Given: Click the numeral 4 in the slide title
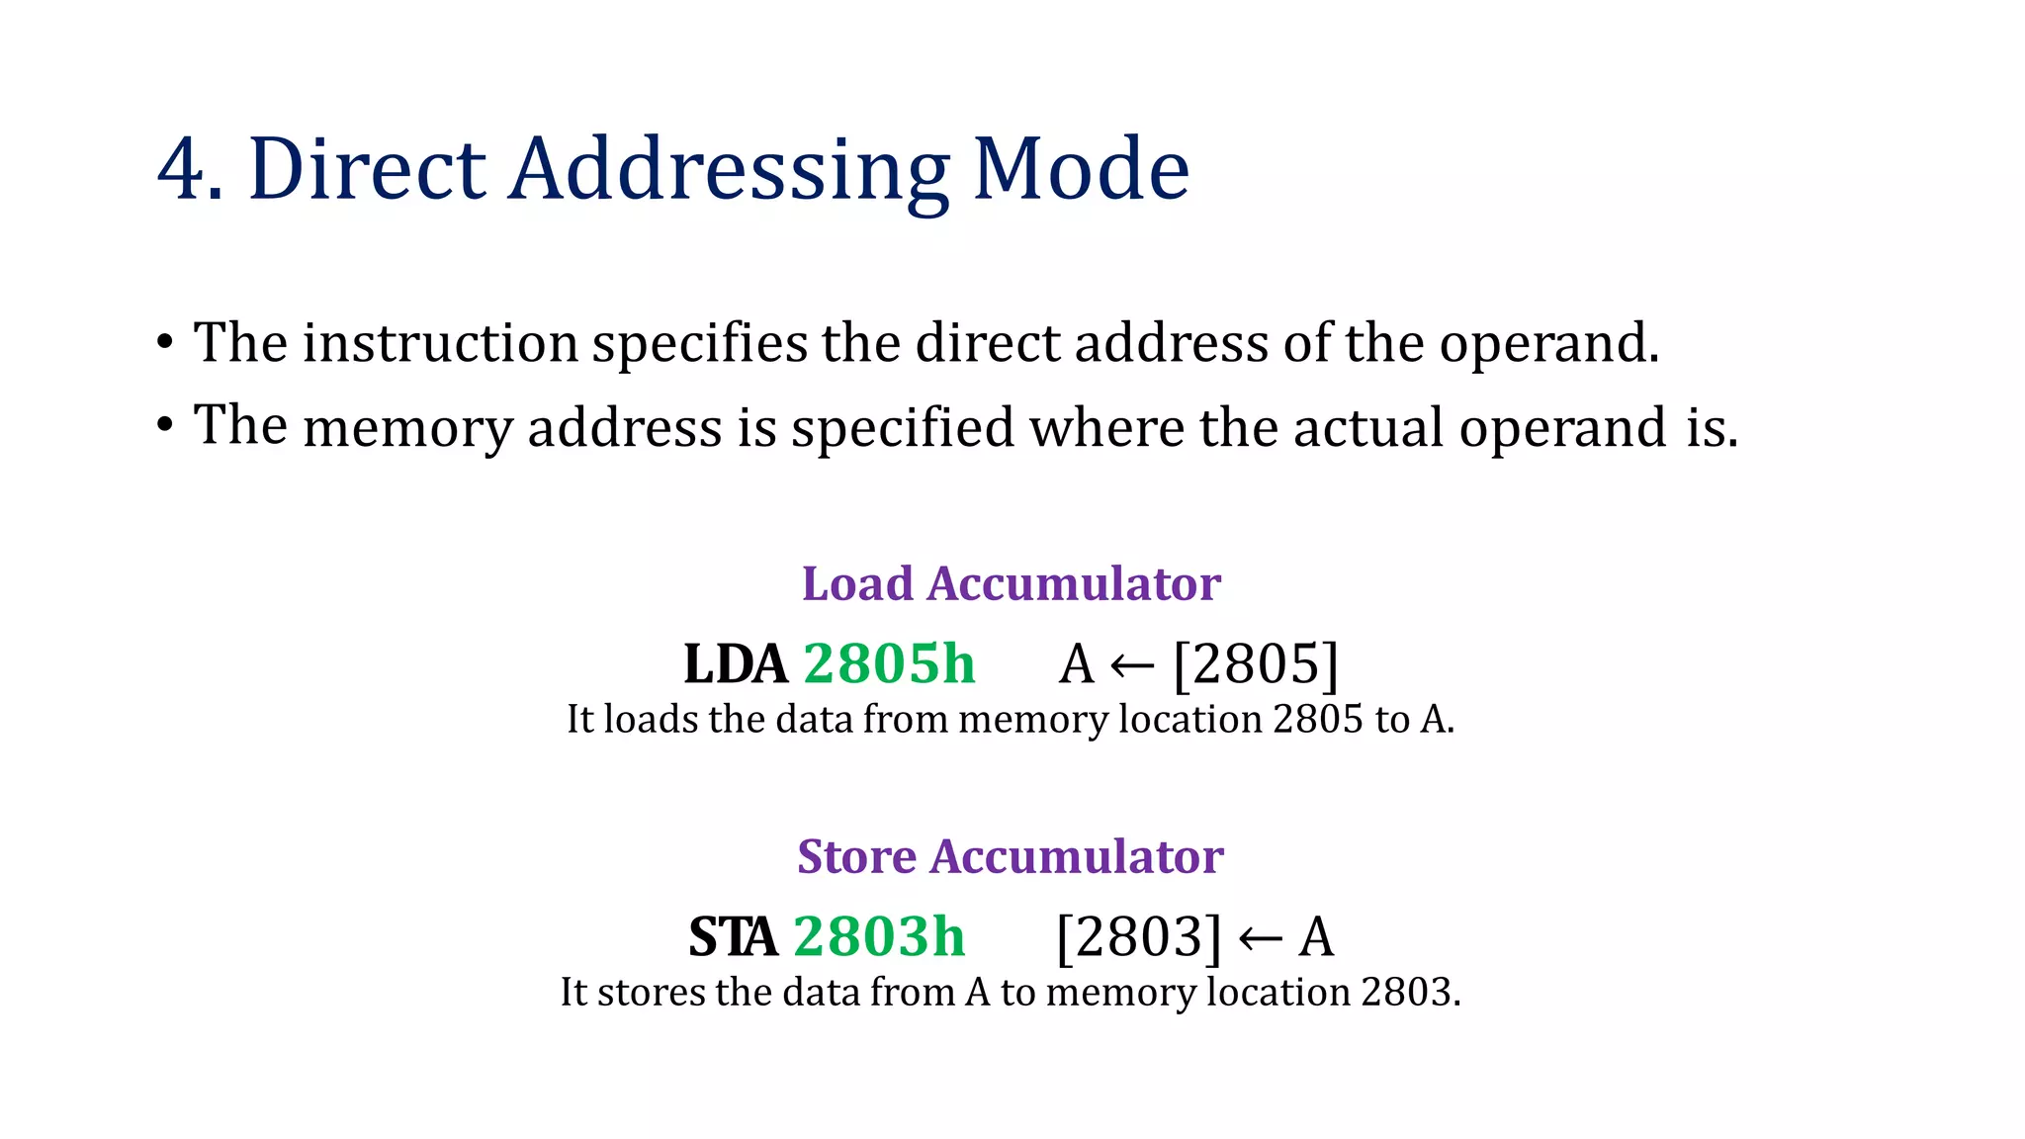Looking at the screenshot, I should (x=182, y=170).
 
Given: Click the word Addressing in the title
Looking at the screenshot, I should (x=730, y=170).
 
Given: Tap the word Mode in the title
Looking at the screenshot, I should (x=1081, y=170).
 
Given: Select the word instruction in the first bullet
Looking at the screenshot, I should (x=440, y=343).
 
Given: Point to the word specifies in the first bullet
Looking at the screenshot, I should (x=700, y=345).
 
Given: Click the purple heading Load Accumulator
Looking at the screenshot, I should (x=1011, y=583).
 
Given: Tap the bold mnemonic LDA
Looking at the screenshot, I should (x=736, y=663).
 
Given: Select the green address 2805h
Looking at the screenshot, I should (x=889, y=663).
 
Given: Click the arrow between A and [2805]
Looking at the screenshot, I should (x=1133, y=665).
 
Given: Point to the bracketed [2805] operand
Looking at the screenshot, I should (x=1256, y=663).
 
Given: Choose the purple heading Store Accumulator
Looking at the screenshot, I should (x=1011, y=856).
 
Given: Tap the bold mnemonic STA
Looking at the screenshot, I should (x=733, y=937).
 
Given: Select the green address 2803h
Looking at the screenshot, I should (x=879, y=937).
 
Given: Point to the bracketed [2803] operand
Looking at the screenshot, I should (x=1139, y=937).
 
